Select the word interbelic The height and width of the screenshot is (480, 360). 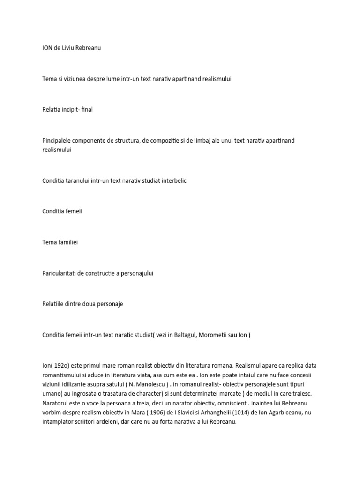171,180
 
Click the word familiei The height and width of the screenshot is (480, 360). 70,242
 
